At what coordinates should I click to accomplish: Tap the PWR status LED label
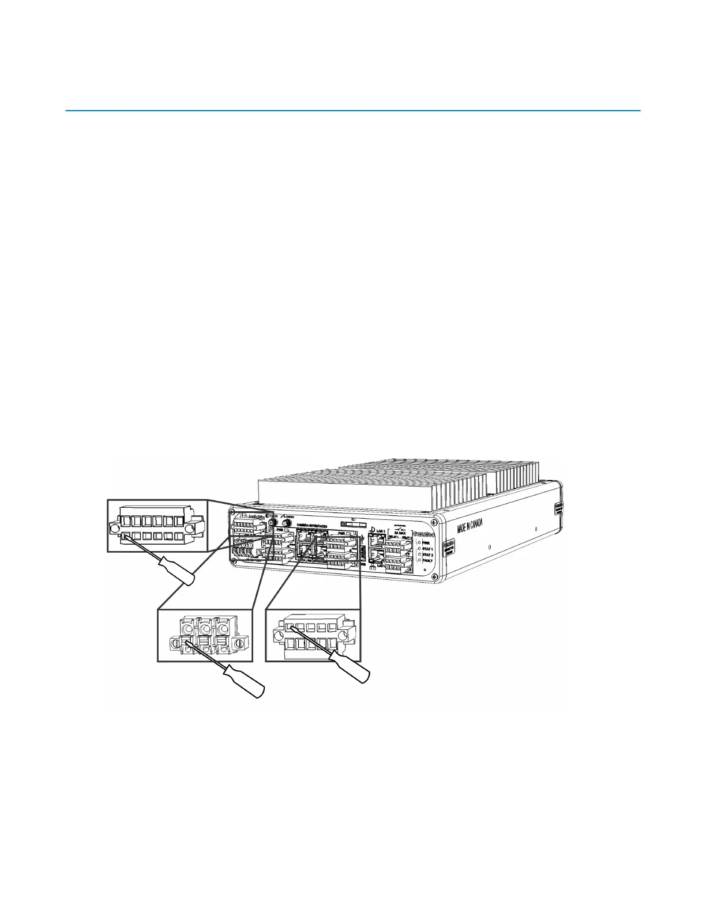click(427, 542)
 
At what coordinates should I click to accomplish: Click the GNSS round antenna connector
click(284, 524)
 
